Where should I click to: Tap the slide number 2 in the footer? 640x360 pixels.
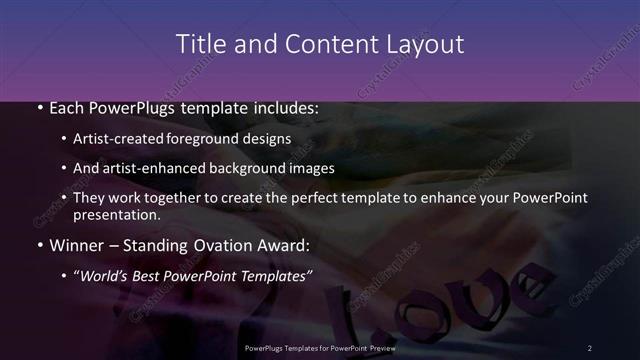(589, 347)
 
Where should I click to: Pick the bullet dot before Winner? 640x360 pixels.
(39, 244)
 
